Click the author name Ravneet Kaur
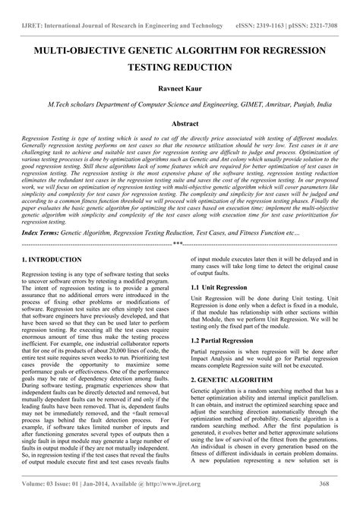pos(179,89)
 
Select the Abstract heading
pos(179,122)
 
